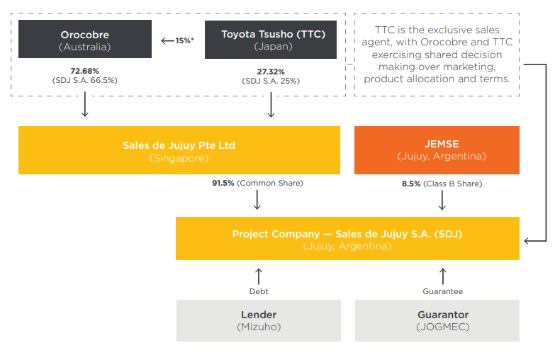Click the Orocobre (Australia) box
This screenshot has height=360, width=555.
(x=85, y=39)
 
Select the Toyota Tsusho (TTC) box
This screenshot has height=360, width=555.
(x=271, y=40)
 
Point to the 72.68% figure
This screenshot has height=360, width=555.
(x=84, y=71)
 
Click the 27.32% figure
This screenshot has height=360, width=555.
(x=271, y=72)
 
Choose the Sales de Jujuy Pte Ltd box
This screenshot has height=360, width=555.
(x=179, y=150)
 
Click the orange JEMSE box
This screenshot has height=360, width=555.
(x=437, y=150)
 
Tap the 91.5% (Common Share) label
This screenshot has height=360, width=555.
(x=257, y=183)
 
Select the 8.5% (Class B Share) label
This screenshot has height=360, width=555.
(x=442, y=184)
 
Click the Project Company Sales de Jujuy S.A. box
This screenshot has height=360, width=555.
(x=347, y=239)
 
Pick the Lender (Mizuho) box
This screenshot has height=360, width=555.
(x=259, y=321)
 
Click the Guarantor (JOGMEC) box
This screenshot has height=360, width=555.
(x=437, y=321)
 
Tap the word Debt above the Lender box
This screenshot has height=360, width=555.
(x=259, y=291)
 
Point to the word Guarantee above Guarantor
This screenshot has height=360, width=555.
(x=443, y=291)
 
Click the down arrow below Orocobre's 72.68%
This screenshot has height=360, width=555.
(x=85, y=104)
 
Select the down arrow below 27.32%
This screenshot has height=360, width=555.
(x=271, y=105)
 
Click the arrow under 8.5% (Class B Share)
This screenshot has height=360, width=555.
(x=442, y=201)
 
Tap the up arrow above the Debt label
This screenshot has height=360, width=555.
(x=259, y=276)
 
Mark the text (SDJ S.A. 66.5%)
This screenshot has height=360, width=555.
(x=84, y=80)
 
